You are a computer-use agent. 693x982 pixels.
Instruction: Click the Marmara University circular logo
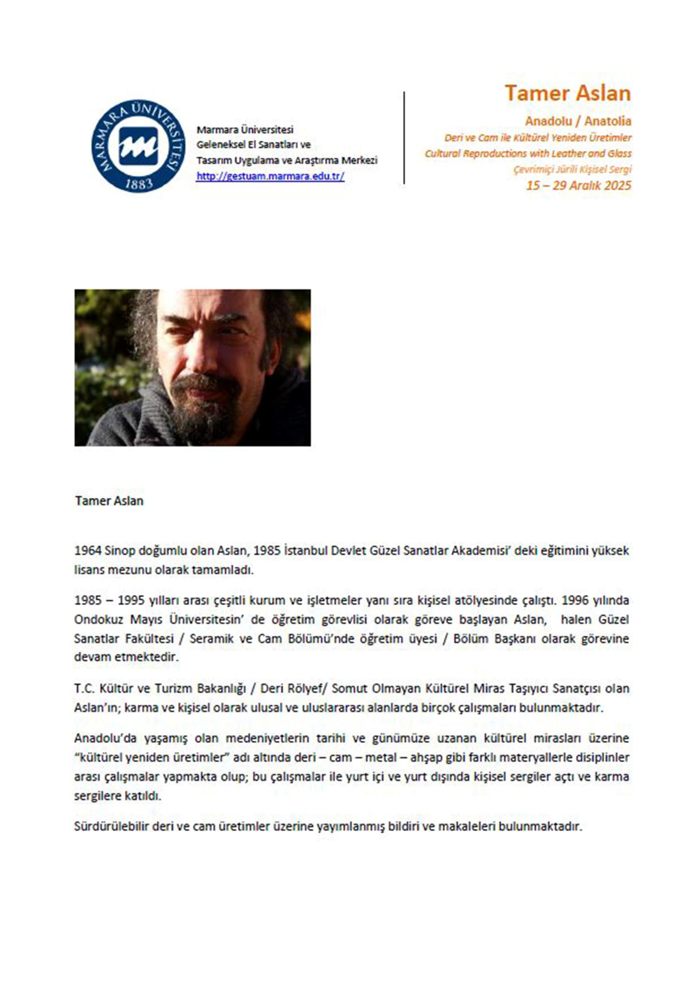point(138,146)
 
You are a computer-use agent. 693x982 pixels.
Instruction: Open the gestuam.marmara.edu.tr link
point(270,176)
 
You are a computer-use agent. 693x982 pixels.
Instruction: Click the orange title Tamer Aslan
point(567,93)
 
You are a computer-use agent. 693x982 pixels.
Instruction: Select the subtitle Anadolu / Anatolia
point(578,121)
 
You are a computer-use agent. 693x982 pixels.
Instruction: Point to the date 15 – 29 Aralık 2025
point(578,185)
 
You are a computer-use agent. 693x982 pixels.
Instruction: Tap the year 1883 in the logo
point(139,184)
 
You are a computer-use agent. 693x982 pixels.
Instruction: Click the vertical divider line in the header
point(404,138)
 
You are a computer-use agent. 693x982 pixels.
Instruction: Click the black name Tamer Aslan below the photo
point(109,501)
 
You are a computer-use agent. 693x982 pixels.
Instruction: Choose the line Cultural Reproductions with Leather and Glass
point(528,154)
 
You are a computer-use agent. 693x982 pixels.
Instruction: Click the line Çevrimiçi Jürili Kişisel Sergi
point(572,169)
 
